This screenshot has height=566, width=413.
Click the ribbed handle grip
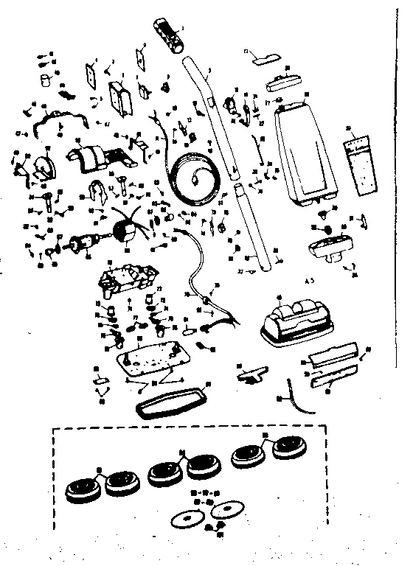169,35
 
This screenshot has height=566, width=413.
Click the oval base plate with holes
151,361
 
